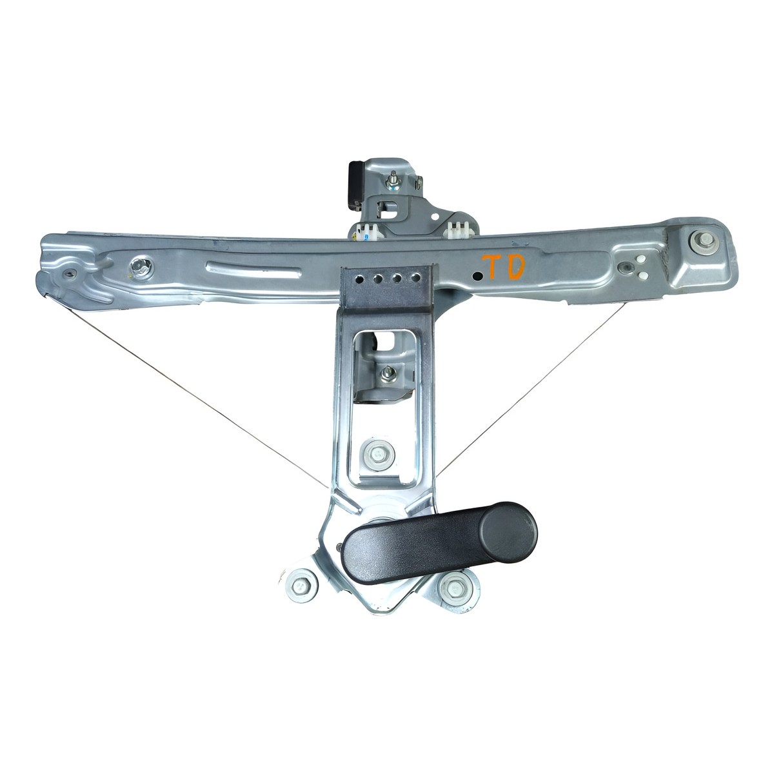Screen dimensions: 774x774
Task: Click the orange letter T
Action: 492,266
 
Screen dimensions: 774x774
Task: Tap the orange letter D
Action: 515,267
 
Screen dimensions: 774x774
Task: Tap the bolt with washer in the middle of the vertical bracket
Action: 378,454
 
